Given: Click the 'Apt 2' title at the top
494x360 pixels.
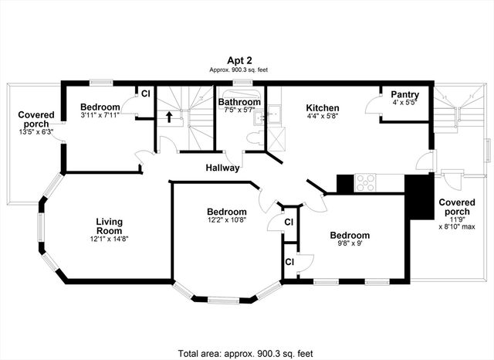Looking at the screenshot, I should click(237, 59).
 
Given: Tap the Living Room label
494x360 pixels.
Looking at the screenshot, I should click(109, 226).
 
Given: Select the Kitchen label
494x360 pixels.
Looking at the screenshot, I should click(322, 107).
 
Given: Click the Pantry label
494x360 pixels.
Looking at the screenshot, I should click(404, 94).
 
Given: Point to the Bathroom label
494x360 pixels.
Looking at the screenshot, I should click(238, 101).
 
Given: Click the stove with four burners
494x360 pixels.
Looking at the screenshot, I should click(366, 184).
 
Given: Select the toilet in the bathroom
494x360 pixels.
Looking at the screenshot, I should click(252, 138).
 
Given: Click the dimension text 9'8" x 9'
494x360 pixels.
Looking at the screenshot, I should click(350, 246).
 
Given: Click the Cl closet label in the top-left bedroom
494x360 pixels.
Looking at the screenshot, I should click(145, 94).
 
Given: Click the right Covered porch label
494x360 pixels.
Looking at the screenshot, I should click(457, 208).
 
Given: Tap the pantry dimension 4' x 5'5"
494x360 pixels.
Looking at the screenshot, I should click(404, 103).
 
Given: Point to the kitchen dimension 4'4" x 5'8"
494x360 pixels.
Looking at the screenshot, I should click(322, 116).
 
